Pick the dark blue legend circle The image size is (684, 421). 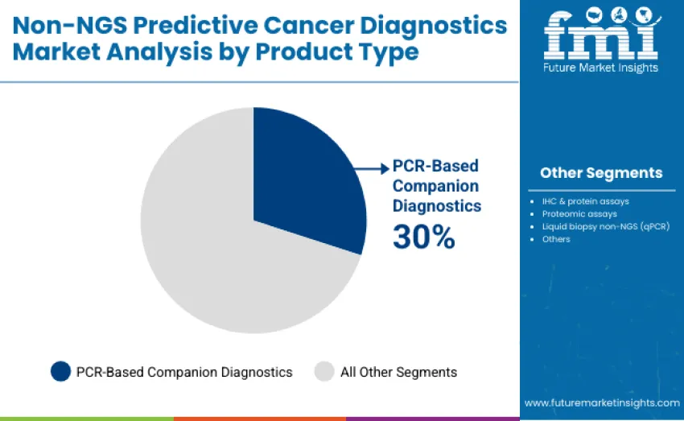[60, 371]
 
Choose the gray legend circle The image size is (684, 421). [323, 371]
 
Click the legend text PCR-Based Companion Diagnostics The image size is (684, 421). [184, 372]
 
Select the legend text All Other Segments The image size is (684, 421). [398, 372]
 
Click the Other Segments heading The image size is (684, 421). [601, 173]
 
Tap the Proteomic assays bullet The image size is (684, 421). [579, 213]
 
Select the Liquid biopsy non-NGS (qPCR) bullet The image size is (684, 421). [605, 226]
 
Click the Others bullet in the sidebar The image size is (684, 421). [556, 239]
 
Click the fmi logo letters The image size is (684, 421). [601, 34]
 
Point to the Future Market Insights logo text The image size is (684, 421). [601, 68]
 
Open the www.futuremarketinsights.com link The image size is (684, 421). [601, 402]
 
